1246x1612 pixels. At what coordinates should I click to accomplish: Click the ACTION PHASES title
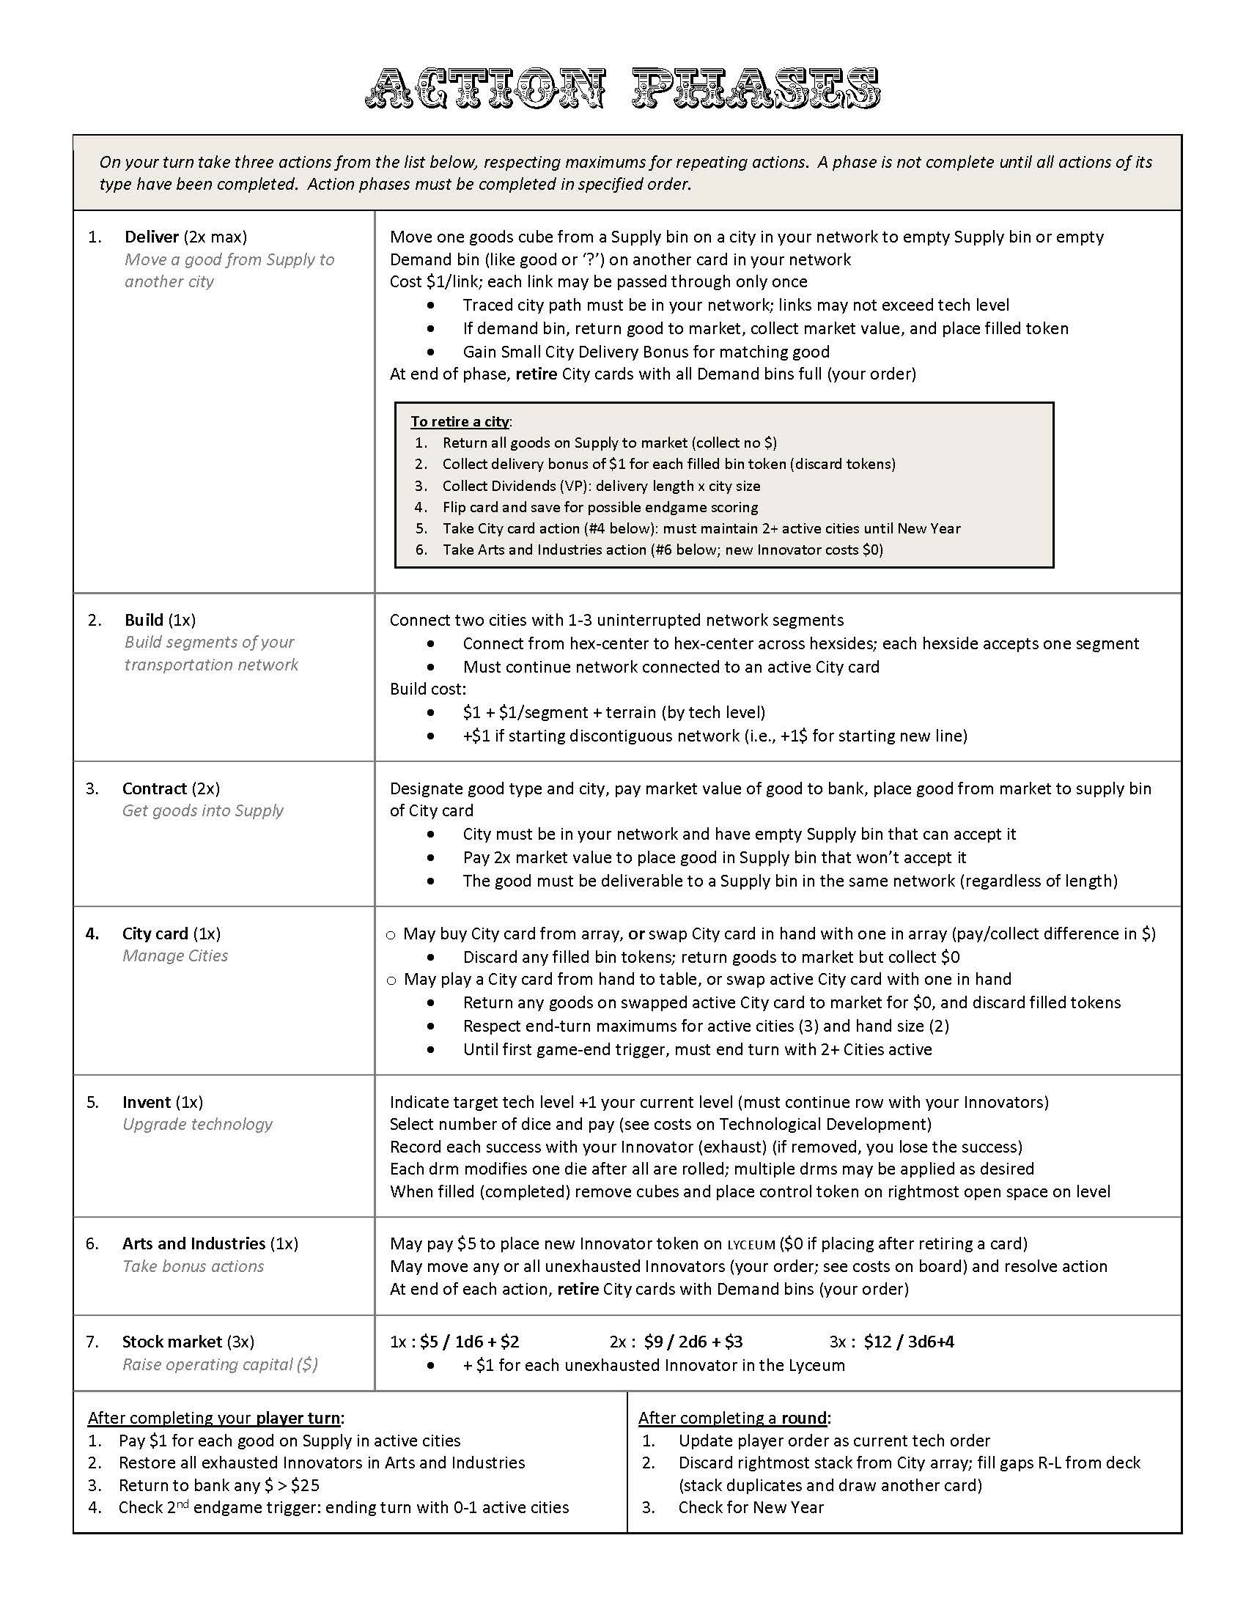pos(622,89)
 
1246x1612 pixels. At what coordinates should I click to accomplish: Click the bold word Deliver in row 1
pos(151,237)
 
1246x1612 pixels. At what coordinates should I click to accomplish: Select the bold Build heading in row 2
pos(143,620)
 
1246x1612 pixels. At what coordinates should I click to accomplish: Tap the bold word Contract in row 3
pos(154,788)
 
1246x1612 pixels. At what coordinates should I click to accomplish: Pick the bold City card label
pos(155,933)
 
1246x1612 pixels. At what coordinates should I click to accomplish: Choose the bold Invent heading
pos(146,1102)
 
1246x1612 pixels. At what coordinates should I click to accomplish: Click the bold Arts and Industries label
pos(193,1243)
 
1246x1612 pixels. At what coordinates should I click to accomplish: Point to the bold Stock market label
pos(172,1342)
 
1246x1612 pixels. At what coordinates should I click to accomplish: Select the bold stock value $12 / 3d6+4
pos(909,1342)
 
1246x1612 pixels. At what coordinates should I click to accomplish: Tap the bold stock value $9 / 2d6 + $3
pos(693,1342)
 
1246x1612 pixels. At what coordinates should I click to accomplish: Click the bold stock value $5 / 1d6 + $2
pos(470,1342)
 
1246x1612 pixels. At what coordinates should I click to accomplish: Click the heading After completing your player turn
pos(216,1418)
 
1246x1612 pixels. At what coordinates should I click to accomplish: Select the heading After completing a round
pos(734,1418)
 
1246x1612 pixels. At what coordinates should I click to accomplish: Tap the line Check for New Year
pos(751,1507)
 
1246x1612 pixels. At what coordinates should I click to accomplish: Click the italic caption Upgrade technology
pos(197,1124)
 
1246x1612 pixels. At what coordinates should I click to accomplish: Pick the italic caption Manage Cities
pos(175,955)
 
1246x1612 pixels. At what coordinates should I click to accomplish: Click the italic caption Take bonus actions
pos(193,1267)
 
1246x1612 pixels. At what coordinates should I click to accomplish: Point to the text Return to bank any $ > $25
pos(218,1485)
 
